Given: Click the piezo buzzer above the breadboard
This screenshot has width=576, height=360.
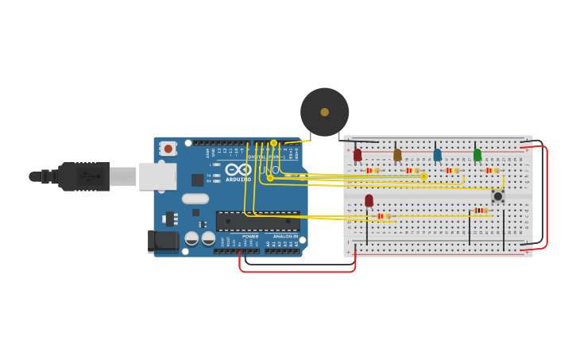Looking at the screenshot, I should click(x=324, y=112).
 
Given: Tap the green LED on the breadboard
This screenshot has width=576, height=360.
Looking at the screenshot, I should click(x=477, y=155).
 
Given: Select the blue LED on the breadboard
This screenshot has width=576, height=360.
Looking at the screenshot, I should click(x=437, y=155).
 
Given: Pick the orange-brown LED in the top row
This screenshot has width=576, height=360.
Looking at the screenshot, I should click(x=397, y=155).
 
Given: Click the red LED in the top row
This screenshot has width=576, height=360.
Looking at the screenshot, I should click(x=358, y=155).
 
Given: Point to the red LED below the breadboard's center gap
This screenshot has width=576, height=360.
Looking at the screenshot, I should click(x=369, y=200).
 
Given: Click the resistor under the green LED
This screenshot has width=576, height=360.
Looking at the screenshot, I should click(x=493, y=170).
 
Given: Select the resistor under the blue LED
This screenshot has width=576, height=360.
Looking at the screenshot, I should click(x=452, y=170).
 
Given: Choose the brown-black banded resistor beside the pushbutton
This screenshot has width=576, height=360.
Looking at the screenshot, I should click(x=480, y=211).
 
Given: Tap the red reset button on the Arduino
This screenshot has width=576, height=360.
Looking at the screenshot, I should click(x=168, y=148).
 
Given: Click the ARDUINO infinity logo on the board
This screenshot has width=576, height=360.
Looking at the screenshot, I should click(x=238, y=169).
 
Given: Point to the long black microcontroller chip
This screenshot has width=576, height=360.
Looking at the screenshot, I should click(x=257, y=221).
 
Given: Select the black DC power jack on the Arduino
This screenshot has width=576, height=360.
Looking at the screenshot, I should click(x=163, y=241).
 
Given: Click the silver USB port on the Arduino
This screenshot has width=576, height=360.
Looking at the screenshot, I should click(x=157, y=176).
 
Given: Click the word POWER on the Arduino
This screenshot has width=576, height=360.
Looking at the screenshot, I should click(x=250, y=236).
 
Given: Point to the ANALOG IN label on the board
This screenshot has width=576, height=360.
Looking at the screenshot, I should click(x=285, y=236).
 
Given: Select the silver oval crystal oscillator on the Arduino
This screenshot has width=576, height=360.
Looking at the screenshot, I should click(x=195, y=199).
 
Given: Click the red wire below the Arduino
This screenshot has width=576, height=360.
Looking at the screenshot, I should click(x=298, y=271).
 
